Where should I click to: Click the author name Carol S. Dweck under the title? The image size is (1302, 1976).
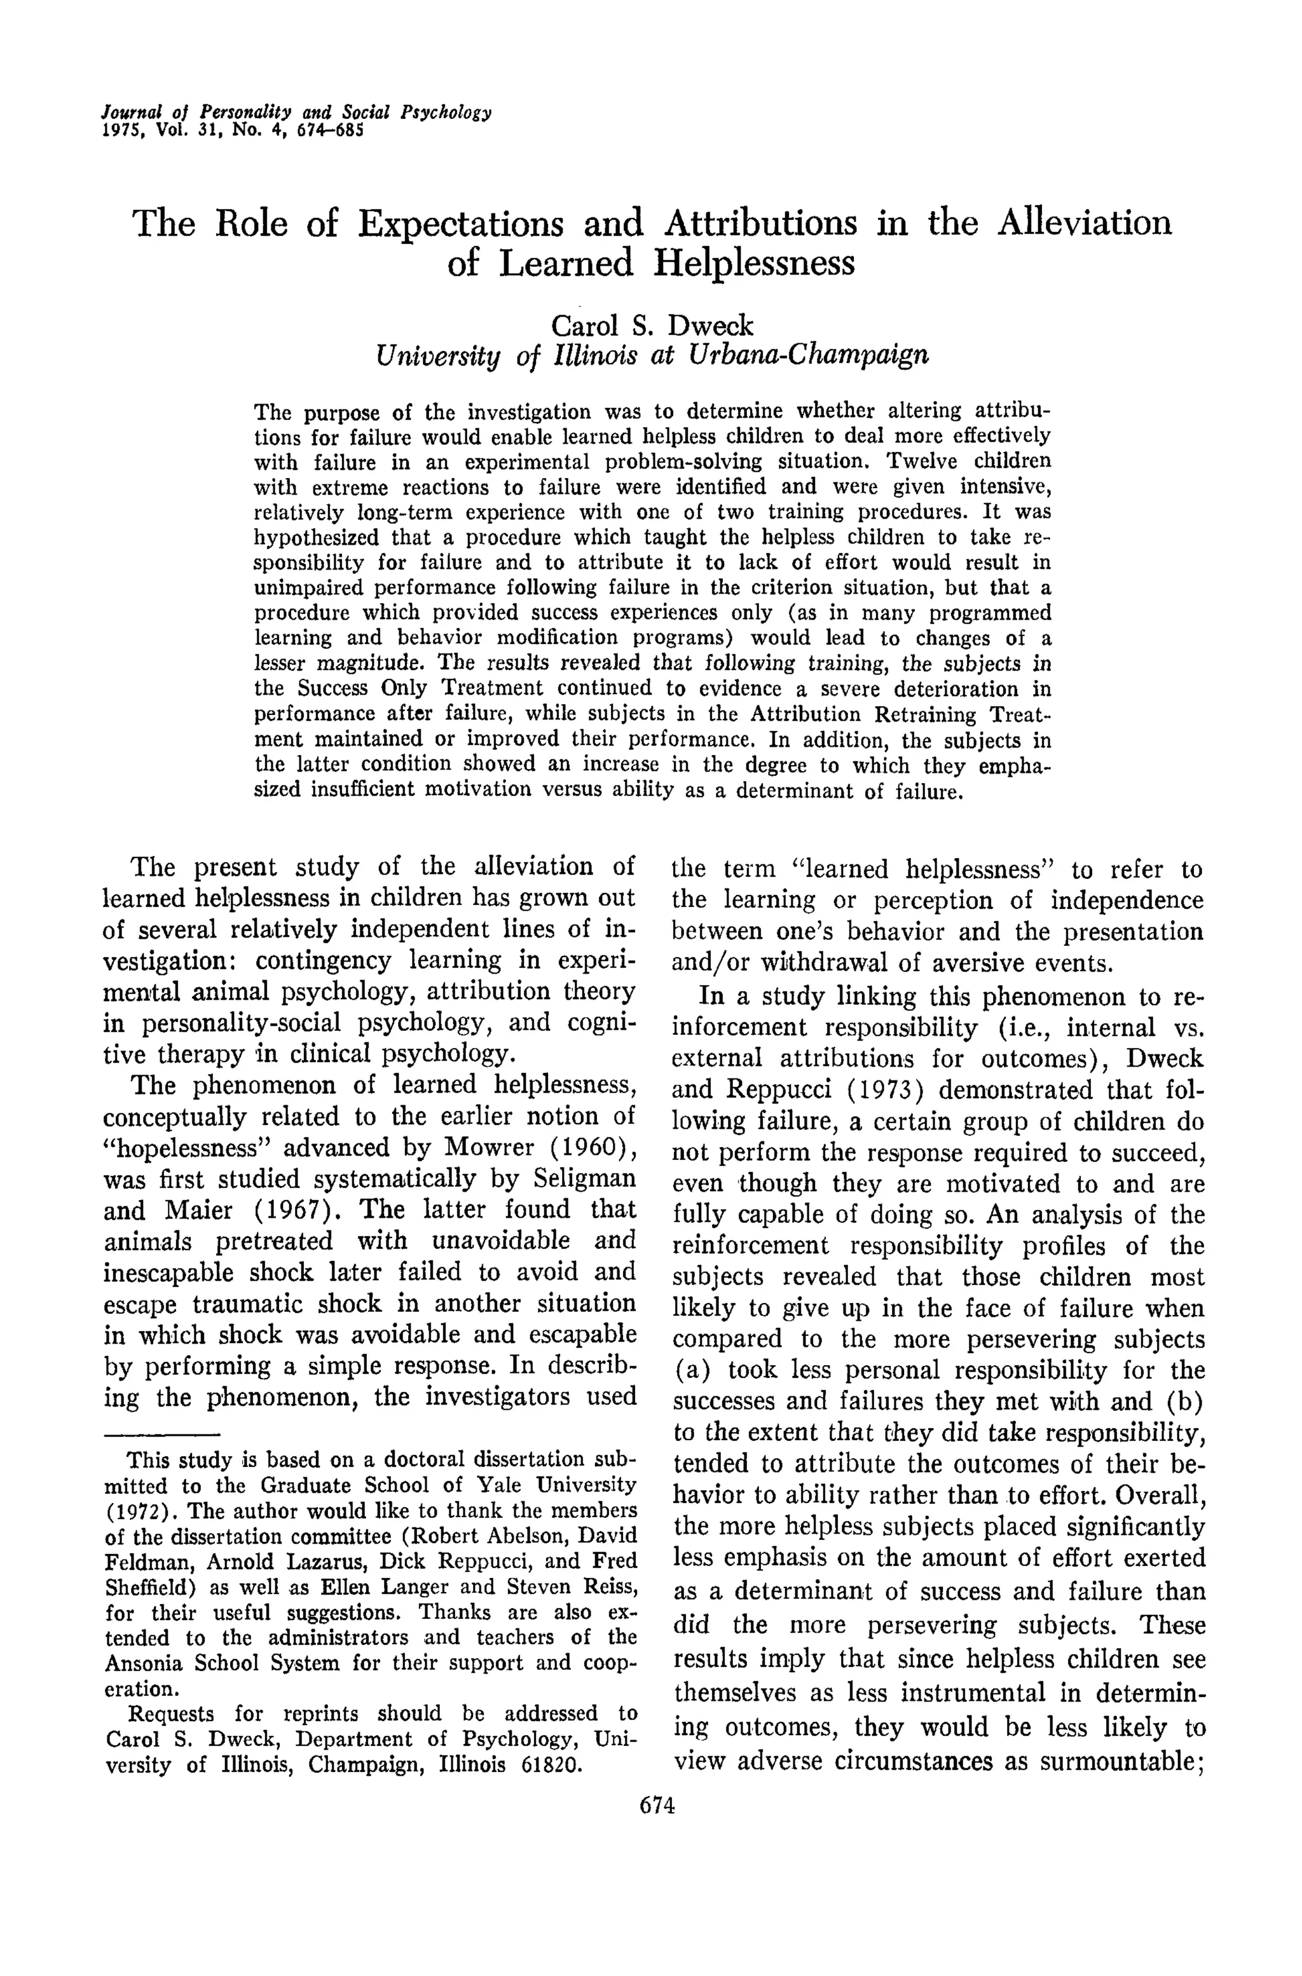pos(652,325)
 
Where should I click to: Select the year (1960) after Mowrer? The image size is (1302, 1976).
pos(588,1147)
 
